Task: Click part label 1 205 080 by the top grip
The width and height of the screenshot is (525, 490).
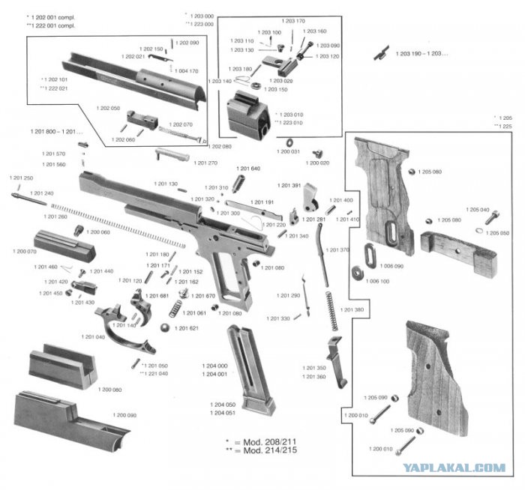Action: pyautogui.click(x=427, y=172)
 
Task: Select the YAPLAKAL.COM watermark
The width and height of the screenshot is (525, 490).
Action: pyautogui.click(x=454, y=468)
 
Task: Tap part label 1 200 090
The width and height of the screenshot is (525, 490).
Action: pyautogui.click(x=125, y=415)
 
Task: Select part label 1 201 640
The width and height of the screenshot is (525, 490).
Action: pyautogui.click(x=248, y=169)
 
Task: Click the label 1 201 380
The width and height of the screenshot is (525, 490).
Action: pyautogui.click(x=352, y=309)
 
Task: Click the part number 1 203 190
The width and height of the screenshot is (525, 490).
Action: pyautogui.click(x=419, y=54)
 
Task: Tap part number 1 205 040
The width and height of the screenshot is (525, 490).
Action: pyautogui.click(x=478, y=210)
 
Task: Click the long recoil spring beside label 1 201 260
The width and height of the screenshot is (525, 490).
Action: pyautogui.click(x=120, y=224)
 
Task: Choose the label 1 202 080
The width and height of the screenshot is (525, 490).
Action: pyautogui.click(x=220, y=146)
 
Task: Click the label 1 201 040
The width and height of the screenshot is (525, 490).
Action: pyautogui.click(x=94, y=337)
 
